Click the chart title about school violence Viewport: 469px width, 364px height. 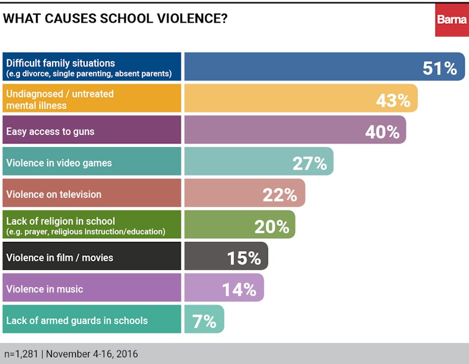[x=115, y=19]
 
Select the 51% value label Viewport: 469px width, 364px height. [x=440, y=68]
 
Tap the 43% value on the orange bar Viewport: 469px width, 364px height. [x=393, y=100]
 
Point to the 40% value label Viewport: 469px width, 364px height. [x=382, y=131]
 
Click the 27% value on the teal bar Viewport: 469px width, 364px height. [x=310, y=163]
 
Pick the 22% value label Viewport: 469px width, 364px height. [x=280, y=195]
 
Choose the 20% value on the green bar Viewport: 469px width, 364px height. [x=271, y=227]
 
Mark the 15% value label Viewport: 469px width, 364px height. [x=244, y=258]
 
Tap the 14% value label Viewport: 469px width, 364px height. [x=239, y=289]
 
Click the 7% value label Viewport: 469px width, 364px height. [x=205, y=321]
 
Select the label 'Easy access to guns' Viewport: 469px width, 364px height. [x=50, y=131]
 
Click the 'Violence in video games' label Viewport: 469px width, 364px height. [x=59, y=163]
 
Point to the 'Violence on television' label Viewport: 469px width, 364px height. [x=54, y=195]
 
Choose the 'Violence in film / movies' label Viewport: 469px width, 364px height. [x=60, y=258]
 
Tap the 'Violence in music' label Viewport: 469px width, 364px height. [x=45, y=289]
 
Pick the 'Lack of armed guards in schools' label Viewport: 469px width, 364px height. [x=77, y=321]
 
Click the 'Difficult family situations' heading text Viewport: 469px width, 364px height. [x=60, y=63]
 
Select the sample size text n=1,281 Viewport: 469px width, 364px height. [x=23, y=354]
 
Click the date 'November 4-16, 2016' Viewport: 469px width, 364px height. [x=92, y=354]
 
